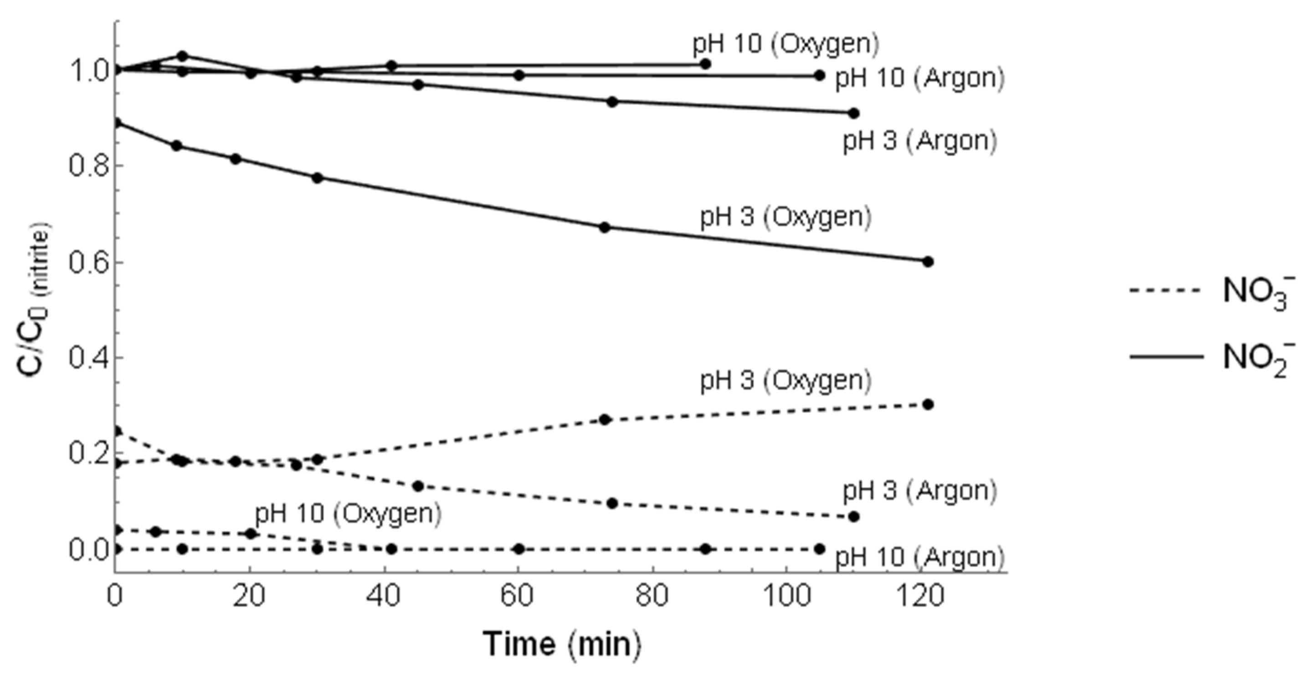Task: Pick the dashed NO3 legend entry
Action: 1209,291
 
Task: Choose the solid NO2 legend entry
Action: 1209,357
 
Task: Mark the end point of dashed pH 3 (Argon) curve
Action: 854,516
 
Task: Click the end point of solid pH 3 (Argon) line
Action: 854,113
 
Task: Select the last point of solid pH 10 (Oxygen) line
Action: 705,64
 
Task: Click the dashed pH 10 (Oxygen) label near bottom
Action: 348,514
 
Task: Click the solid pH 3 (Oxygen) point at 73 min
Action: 604,227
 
